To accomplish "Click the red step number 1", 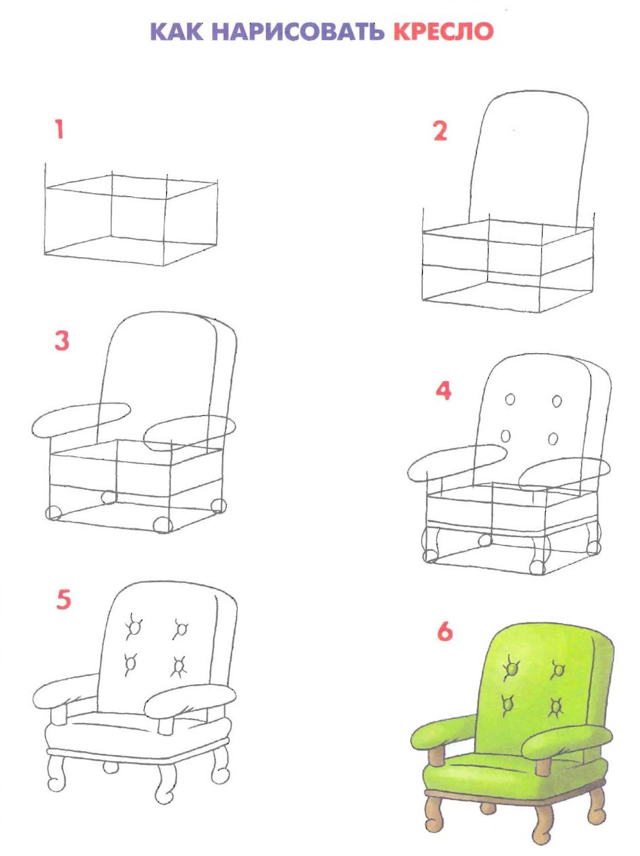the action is [59, 130].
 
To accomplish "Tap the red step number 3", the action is [62, 342].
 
